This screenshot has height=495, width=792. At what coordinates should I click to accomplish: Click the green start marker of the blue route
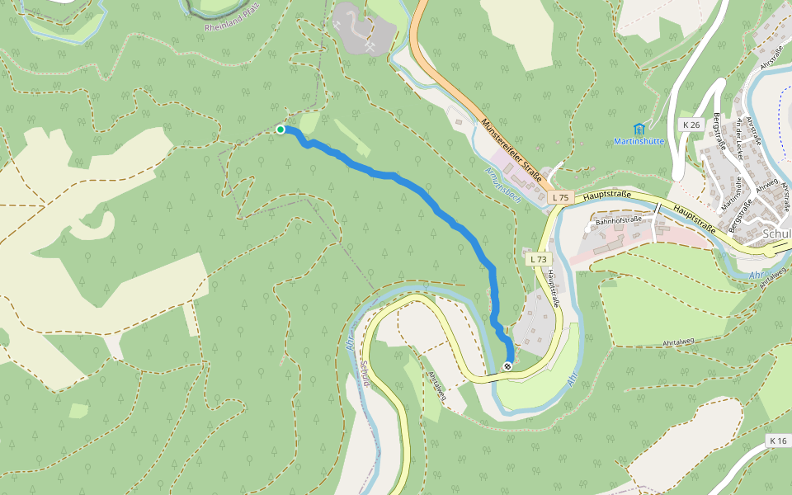[280, 130]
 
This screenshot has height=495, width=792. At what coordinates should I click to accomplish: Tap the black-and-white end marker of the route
[507, 366]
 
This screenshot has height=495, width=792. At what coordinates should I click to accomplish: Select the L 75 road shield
[560, 197]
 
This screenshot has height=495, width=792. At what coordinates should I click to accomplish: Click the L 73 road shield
[538, 259]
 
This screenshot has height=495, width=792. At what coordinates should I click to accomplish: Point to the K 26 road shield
[691, 125]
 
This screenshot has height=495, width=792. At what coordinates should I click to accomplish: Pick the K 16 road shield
[778, 441]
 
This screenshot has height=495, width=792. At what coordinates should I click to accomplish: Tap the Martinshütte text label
[639, 141]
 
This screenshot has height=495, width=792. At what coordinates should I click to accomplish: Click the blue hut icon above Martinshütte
[639, 128]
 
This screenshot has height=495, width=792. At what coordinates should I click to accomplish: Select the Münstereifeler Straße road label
[511, 149]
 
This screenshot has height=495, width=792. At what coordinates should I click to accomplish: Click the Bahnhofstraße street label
[619, 220]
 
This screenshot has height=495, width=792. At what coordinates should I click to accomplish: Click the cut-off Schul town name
[778, 233]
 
